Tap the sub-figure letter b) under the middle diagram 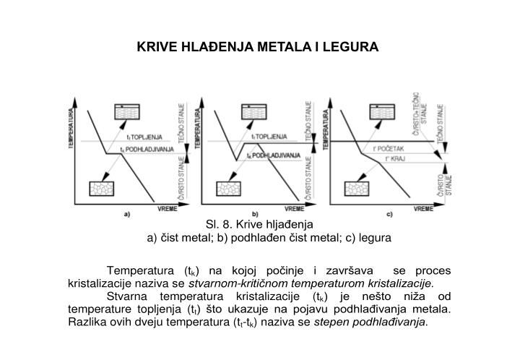coord(254,215)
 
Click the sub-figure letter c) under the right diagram coord(389,215)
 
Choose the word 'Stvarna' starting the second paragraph coord(126,296)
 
